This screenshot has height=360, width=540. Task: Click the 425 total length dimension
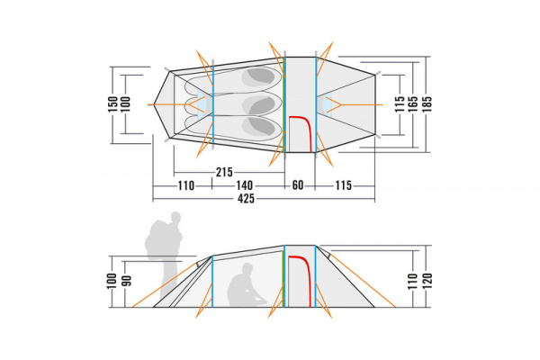(x=246, y=198)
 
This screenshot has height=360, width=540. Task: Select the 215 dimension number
(x=224, y=172)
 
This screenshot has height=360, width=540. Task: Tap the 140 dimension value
(x=244, y=185)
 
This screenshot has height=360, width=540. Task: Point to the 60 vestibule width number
(x=298, y=185)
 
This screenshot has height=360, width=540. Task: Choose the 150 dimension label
(x=112, y=104)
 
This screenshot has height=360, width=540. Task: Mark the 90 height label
(x=127, y=281)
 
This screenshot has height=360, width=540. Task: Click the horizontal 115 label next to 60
(x=344, y=185)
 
